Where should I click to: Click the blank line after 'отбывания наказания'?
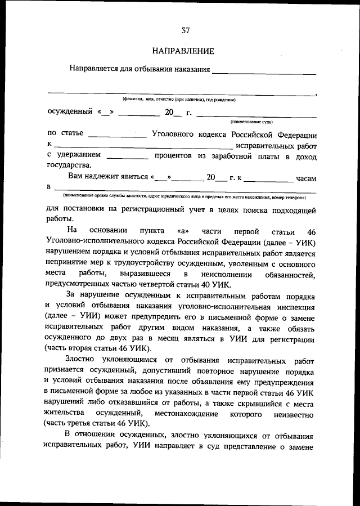pos(264,71)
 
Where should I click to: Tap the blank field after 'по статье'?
pos(117,135)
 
